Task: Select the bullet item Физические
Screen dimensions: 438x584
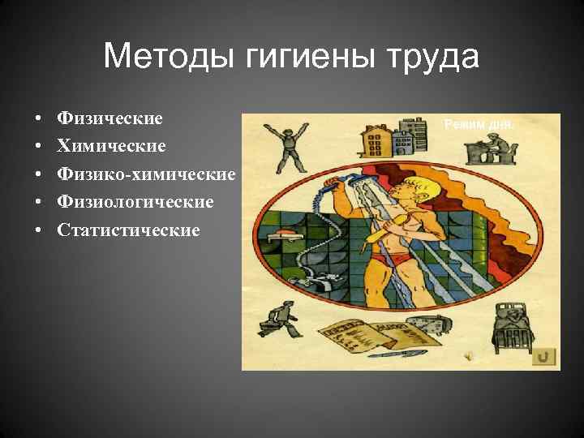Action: point(109,118)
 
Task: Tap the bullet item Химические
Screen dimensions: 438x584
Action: point(111,146)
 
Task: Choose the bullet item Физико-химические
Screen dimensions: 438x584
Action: point(146,174)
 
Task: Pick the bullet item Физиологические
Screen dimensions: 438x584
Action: point(135,202)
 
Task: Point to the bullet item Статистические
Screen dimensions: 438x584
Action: point(128,230)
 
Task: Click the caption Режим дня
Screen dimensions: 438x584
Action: point(478,124)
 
